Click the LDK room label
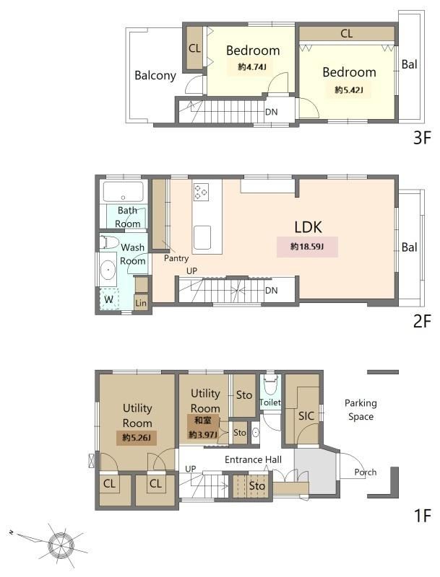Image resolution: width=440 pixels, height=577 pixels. pyautogui.click(x=308, y=227)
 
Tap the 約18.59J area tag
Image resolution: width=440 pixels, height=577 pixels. pyautogui.click(x=307, y=247)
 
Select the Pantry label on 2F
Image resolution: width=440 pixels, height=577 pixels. pyautogui.click(x=176, y=258)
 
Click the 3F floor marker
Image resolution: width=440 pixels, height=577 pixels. pyautogui.click(x=423, y=138)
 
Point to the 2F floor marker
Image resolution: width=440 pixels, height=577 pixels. pyautogui.click(x=423, y=322)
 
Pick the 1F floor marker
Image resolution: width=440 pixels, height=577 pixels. pyautogui.click(x=423, y=516)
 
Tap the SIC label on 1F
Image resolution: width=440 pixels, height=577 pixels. pyautogui.click(x=306, y=416)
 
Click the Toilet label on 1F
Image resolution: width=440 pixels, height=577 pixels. pyautogui.click(x=270, y=402)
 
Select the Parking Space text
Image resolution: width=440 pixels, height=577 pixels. pyautogui.click(x=361, y=410)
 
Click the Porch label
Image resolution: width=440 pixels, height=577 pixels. pyautogui.click(x=365, y=472)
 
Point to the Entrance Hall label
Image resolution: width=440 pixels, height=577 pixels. pyautogui.click(x=253, y=459)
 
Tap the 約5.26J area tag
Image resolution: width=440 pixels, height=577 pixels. pyautogui.click(x=137, y=438)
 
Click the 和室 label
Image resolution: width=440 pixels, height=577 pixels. pyautogui.click(x=203, y=420)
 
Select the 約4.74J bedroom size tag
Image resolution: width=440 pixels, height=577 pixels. pyautogui.click(x=252, y=67)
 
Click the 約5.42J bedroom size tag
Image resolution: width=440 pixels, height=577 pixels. pyautogui.click(x=349, y=89)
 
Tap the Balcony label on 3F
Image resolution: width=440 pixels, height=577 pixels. pyautogui.click(x=155, y=76)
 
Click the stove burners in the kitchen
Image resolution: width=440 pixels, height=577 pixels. pyautogui.click(x=201, y=192)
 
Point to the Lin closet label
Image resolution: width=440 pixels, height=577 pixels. pyautogui.click(x=141, y=303)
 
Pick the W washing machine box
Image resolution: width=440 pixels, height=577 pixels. pyautogui.click(x=108, y=299)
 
